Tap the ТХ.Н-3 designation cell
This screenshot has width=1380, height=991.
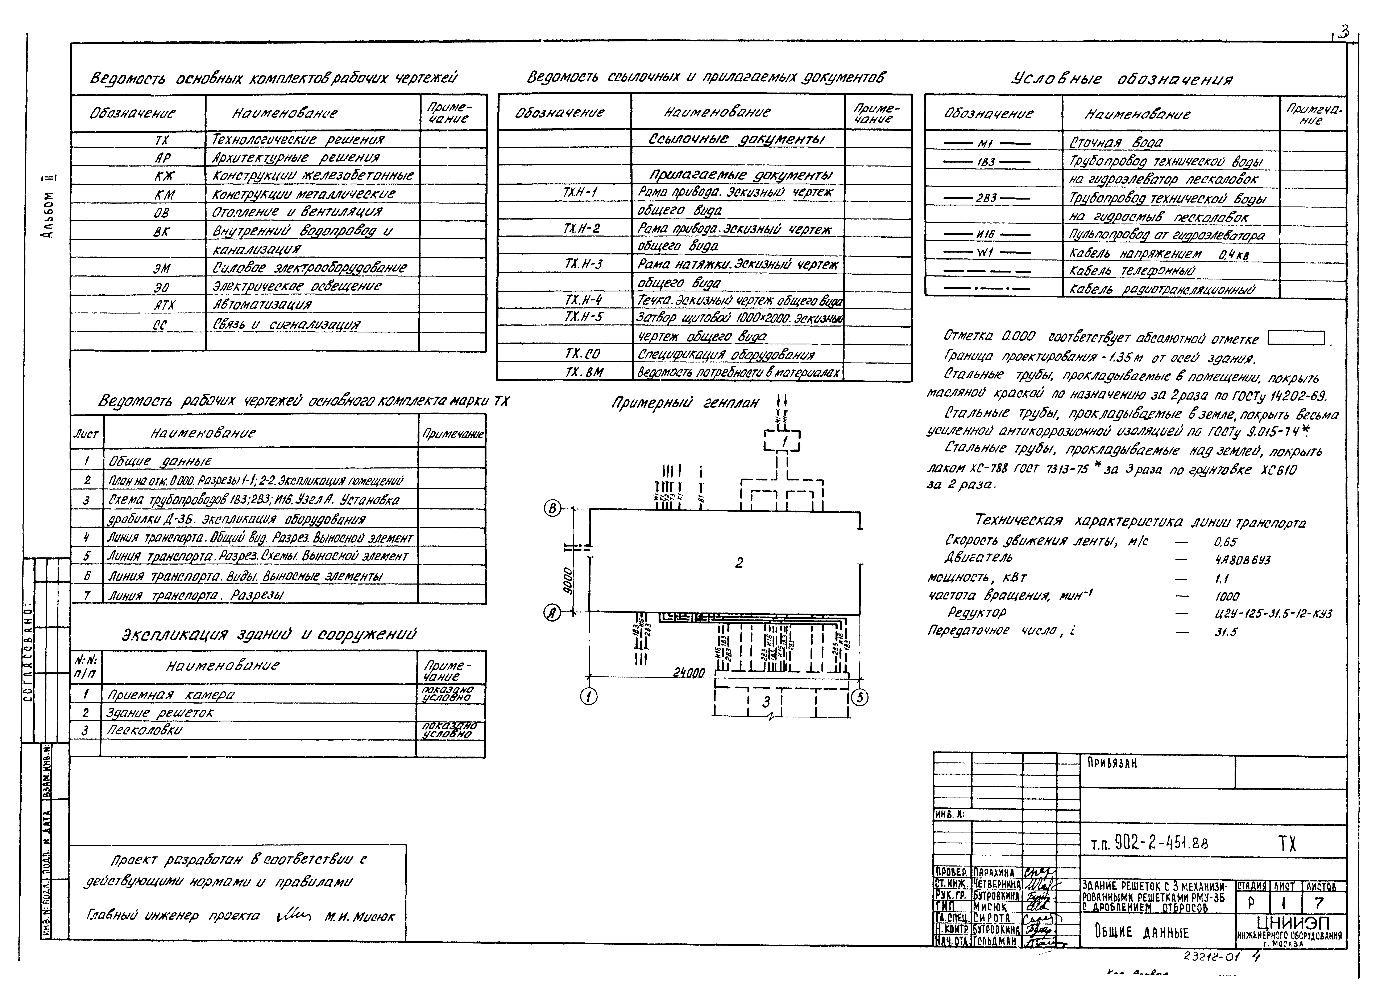tap(583, 264)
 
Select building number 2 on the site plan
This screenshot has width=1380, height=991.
tap(739, 563)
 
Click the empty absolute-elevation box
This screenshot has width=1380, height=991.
tap(1296, 338)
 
